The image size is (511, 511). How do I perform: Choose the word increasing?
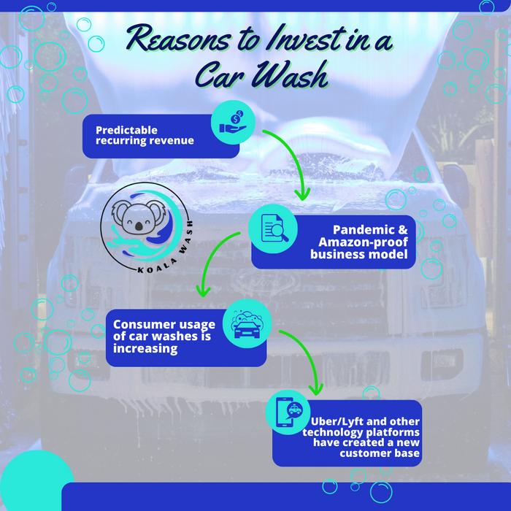coord(136,350)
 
